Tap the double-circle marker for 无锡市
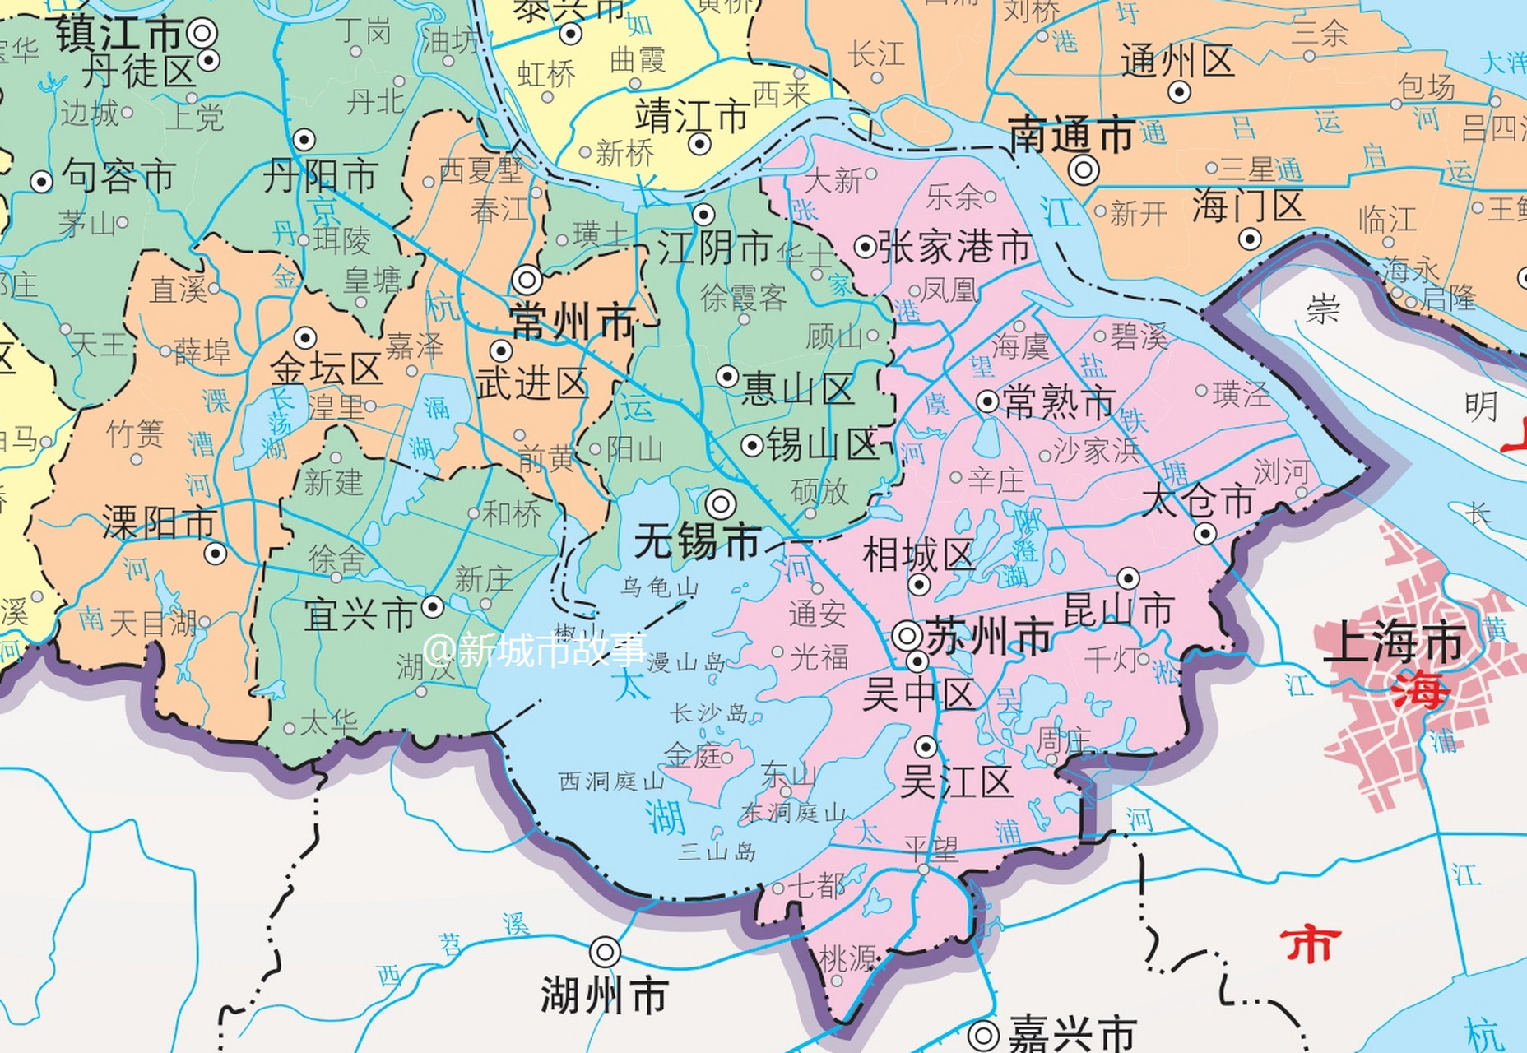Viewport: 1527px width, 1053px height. (721, 503)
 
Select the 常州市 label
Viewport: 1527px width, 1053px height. (573, 321)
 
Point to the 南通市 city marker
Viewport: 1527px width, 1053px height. (1084, 170)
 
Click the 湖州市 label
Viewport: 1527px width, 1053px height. (604, 996)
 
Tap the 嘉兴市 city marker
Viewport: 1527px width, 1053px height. (984, 1035)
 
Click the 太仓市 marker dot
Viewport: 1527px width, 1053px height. (1204, 534)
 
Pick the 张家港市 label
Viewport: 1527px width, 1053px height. (954, 247)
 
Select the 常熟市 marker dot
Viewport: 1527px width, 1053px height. (987, 401)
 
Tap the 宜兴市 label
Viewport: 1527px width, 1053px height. (360, 615)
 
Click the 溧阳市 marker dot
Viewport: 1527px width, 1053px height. (216, 554)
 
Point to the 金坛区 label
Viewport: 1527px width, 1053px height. (327, 370)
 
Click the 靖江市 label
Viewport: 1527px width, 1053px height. (691, 117)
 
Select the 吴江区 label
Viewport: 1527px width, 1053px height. (956, 782)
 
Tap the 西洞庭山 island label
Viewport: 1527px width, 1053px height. (611, 781)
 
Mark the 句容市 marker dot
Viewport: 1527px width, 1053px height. (41, 181)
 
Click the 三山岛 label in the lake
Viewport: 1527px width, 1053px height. (717, 851)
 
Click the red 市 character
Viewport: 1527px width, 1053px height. (1310, 944)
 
